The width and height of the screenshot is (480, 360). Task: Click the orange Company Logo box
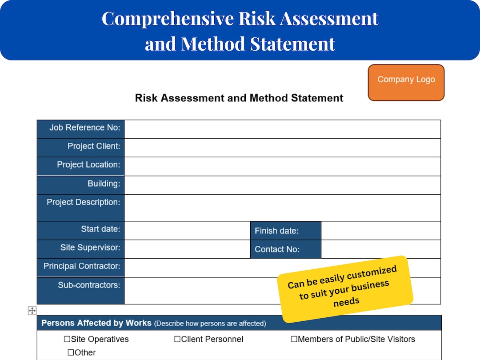pyautogui.click(x=406, y=83)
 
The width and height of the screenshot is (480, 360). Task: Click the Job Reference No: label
pyautogui.click(x=84, y=128)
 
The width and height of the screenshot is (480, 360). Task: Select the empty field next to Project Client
pyautogui.click(x=282, y=148)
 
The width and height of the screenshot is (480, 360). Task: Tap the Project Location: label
pyautogui.click(x=88, y=165)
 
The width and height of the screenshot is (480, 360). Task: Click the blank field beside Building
pyautogui.click(x=282, y=185)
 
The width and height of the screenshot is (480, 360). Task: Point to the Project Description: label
pyautogui.click(x=83, y=202)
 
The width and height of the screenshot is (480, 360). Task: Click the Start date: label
pyautogui.click(x=100, y=229)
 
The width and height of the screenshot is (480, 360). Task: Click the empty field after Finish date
pyautogui.click(x=380, y=231)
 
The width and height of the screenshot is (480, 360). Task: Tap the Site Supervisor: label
pyautogui.click(x=90, y=248)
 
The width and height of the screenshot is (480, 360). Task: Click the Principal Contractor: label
pyautogui.click(x=81, y=266)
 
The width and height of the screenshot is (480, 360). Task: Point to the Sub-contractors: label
pyautogui.click(x=88, y=285)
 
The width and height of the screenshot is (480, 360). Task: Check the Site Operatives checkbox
pyautogui.click(x=68, y=339)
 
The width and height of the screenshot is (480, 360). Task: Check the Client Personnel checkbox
pyautogui.click(x=177, y=339)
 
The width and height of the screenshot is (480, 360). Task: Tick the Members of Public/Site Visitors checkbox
pyautogui.click(x=294, y=339)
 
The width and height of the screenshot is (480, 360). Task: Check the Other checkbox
pyautogui.click(x=71, y=352)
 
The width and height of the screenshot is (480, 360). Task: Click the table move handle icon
pyautogui.click(x=32, y=311)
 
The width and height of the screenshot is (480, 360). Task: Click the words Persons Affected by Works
pyautogui.click(x=96, y=323)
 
